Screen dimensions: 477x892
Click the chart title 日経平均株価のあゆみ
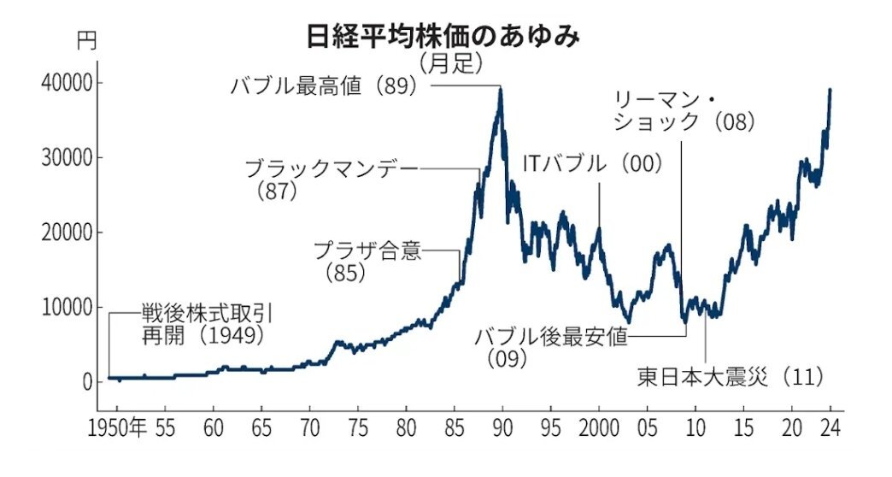click(444, 36)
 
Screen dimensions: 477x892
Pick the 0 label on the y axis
click(86, 382)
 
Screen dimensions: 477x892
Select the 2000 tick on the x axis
click(599, 427)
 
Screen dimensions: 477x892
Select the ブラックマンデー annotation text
click(332, 168)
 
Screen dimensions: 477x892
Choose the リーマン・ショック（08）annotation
click(684, 110)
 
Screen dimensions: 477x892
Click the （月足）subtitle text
click(452, 62)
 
